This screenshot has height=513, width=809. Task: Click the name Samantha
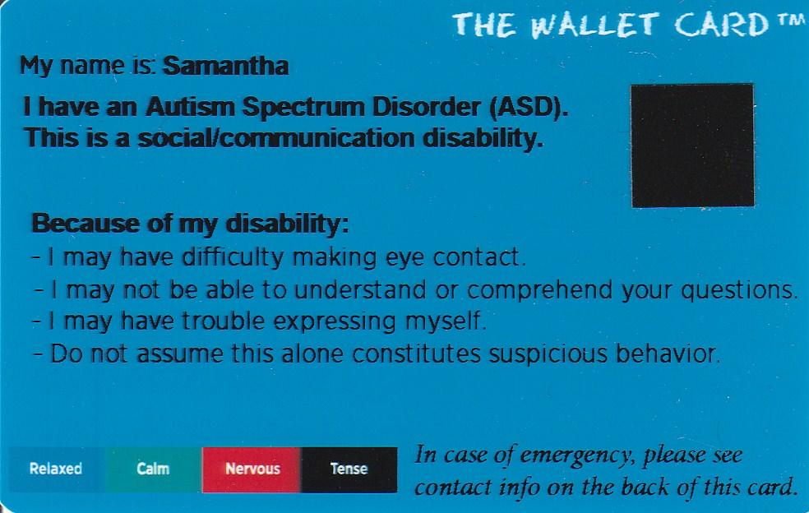click(x=225, y=66)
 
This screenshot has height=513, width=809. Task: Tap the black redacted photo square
click(x=692, y=146)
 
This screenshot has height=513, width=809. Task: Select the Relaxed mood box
click(x=56, y=469)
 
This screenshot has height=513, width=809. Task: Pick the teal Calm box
click(x=153, y=469)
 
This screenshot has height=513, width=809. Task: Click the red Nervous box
click(x=252, y=469)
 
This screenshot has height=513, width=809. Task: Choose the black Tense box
click(x=349, y=469)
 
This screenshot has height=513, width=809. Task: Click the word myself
click(x=448, y=321)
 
